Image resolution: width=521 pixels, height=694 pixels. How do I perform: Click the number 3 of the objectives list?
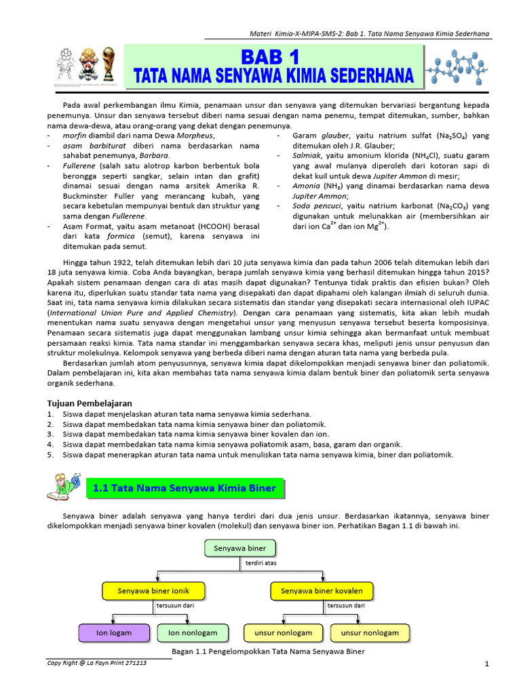pyautogui.click(x=50, y=434)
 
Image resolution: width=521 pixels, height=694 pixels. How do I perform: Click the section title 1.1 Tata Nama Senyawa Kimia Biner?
pyautogui.click(x=184, y=488)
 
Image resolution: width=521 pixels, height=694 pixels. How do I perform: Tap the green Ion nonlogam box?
pyautogui.click(x=193, y=633)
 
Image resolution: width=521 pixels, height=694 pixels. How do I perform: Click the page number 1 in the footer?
pyautogui.click(x=487, y=664)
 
